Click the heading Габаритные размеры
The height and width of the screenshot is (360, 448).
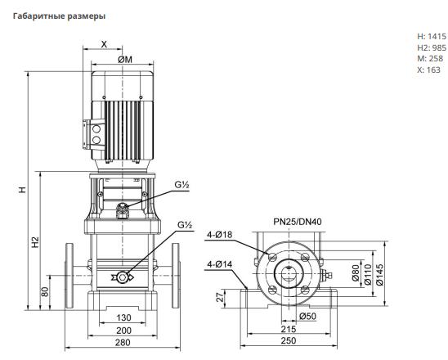click(x=59, y=16)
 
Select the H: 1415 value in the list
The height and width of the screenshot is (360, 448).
click(x=432, y=36)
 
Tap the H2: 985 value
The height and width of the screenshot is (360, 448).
click(x=432, y=47)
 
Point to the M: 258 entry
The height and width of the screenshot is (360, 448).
click(x=430, y=59)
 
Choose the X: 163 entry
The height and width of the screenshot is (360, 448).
click(x=428, y=70)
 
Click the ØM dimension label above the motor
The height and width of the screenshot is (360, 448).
click(x=125, y=60)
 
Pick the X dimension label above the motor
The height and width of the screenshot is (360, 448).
click(x=105, y=44)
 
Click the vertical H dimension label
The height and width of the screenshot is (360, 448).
click(x=22, y=190)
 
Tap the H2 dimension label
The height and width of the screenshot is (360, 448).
click(x=35, y=242)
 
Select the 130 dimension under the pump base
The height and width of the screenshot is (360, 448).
click(x=123, y=317)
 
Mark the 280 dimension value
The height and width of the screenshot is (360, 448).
click(x=123, y=342)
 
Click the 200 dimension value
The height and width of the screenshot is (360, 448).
click(x=123, y=331)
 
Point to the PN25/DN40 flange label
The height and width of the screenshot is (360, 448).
click(x=298, y=222)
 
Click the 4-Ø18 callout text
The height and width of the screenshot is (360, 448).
click(x=220, y=235)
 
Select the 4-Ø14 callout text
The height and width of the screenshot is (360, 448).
click(x=220, y=264)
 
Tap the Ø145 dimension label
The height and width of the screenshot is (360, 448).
click(x=379, y=275)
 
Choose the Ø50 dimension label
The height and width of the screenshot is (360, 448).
click(x=307, y=316)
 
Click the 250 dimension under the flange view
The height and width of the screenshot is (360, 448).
click(x=289, y=340)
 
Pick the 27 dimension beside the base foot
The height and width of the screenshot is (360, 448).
click(x=220, y=297)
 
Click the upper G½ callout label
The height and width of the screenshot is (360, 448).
click(x=182, y=185)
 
